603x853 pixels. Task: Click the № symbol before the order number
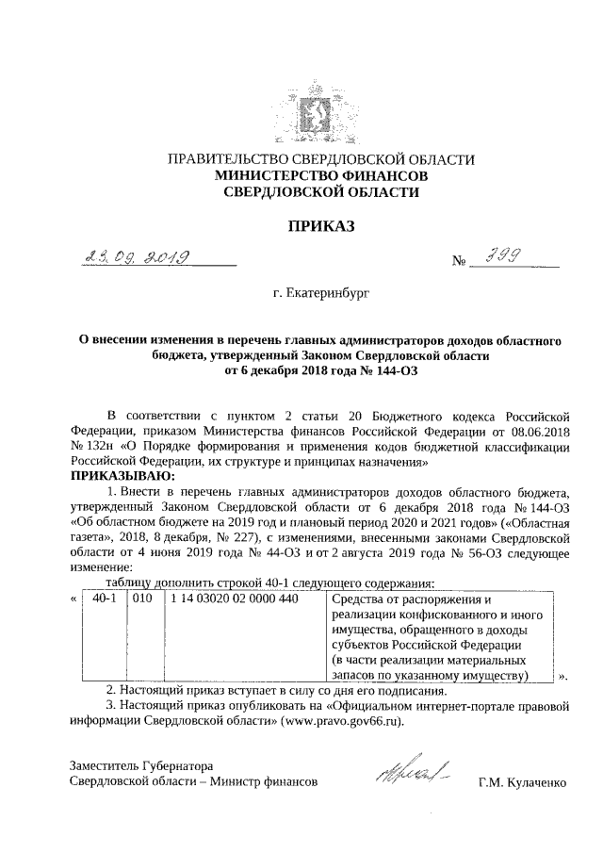coord(461,262)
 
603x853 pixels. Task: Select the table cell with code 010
coord(142,599)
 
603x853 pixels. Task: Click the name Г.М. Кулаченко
coord(524,781)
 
